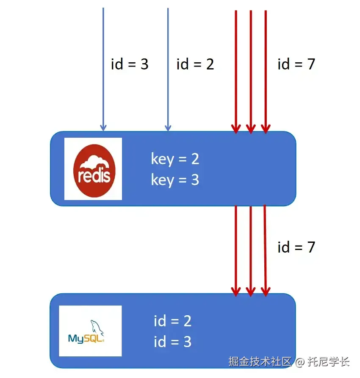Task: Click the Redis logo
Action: click(93, 169)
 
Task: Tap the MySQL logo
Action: click(90, 331)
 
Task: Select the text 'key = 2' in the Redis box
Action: click(175, 159)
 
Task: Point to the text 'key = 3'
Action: click(175, 180)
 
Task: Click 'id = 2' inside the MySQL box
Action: click(172, 321)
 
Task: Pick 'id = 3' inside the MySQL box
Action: click(172, 342)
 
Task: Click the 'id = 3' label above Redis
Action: click(130, 64)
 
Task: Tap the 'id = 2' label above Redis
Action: click(195, 64)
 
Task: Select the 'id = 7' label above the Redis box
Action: click(296, 64)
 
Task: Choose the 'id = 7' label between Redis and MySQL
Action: click(296, 247)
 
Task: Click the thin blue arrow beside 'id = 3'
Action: click(103, 68)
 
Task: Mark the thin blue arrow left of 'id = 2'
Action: click(168, 68)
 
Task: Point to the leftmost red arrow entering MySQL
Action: click(236, 250)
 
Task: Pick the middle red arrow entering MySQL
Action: click(251, 250)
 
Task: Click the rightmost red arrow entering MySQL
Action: click(265, 250)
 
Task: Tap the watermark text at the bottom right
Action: click(289, 361)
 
